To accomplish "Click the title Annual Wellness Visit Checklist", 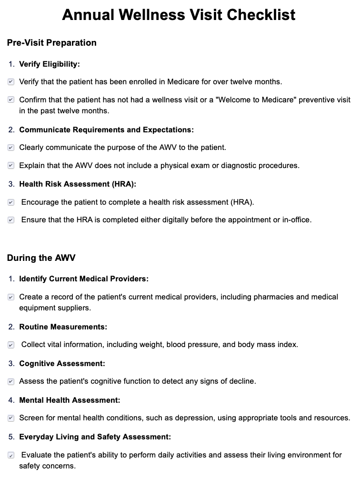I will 179,15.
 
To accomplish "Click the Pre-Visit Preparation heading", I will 51,43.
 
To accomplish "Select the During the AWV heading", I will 41,258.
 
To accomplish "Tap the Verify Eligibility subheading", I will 50,64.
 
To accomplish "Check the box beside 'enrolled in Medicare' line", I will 11,82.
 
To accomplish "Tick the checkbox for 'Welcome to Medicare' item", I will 11,100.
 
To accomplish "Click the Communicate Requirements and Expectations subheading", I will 107,129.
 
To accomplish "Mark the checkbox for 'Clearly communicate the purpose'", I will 11,148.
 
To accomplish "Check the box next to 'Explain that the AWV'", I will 11,166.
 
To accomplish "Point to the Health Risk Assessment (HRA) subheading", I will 78,184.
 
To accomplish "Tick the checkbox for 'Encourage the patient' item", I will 11,202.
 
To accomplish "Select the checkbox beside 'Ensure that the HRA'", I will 11,220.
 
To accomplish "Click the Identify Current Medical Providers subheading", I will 84,278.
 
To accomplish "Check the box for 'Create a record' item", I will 11,297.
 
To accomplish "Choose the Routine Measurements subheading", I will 63,327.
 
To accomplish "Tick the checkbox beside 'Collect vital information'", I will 11,345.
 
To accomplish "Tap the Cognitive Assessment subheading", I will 62,363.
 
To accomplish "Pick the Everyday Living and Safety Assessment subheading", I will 95,437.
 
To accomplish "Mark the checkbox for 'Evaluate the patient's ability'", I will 11,455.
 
